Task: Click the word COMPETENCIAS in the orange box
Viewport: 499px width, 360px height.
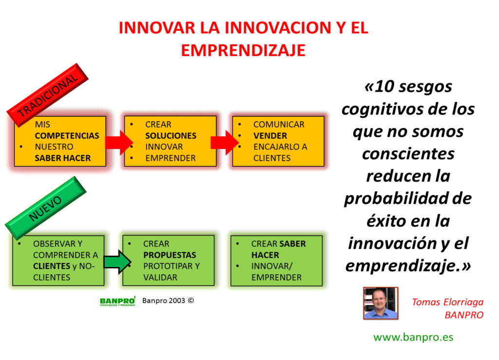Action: pyautogui.click(x=67, y=136)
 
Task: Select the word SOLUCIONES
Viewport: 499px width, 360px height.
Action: pyautogui.click(x=171, y=136)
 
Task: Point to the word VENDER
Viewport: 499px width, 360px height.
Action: pyautogui.click(x=270, y=136)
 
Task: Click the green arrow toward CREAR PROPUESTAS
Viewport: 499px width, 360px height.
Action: pyautogui.click(x=117, y=262)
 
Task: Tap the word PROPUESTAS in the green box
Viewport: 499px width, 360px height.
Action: pyautogui.click(x=170, y=255)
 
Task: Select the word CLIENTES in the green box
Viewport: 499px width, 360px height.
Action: pyautogui.click(x=52, y=266)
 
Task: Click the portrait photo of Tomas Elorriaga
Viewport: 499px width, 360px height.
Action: pyautogui.click(x=381, y=303)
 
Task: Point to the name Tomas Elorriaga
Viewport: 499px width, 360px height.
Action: pyautogui.click(x=447, y=302)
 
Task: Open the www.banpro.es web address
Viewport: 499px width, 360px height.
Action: pyautogui.click(x=413, y=337)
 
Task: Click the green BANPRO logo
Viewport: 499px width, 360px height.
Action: pyautogui.click(x=117, y=301)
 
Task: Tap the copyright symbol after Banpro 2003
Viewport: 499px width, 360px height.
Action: pyautogui.click(x=191, y=301)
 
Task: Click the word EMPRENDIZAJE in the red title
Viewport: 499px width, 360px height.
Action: pyautogui.click(x=243, y=50)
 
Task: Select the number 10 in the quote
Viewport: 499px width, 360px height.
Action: pyautogui.click(x=387, y=87)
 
